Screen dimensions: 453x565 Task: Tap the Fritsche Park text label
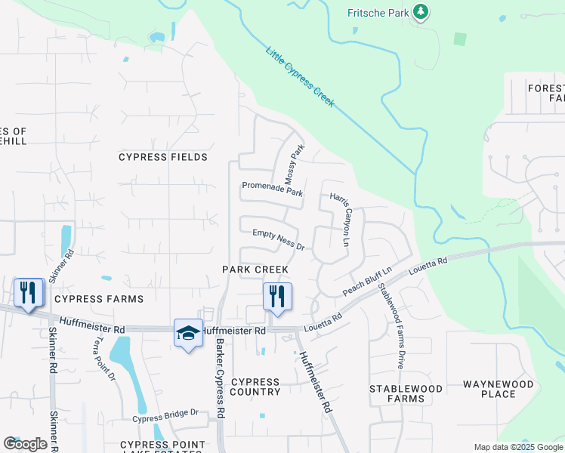(378, 12)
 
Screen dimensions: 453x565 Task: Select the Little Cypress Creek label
(300, 77)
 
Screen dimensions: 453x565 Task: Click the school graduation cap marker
(188, 334)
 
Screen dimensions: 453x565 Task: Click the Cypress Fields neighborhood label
(163, 157)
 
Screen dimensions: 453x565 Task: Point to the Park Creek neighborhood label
(255, 270)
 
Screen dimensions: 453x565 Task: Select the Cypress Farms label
(99, 299)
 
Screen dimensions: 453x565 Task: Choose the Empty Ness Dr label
(278, 241)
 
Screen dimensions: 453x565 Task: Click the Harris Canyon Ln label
(341, 220)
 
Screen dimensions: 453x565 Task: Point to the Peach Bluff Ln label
(368, 281)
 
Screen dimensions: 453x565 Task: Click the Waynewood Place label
(498, 389)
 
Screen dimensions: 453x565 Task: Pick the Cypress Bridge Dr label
(165, 414)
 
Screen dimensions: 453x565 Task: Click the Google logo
(25, 444)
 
